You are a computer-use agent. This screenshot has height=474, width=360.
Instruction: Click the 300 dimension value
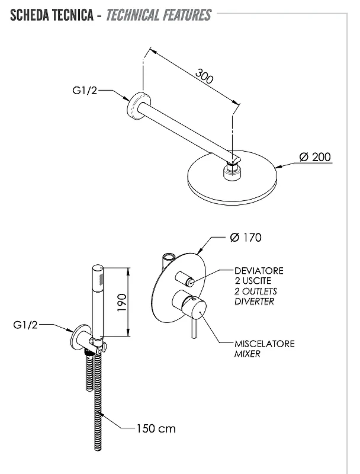(204, 76)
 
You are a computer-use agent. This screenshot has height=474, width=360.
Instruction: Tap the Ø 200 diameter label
(314, 157)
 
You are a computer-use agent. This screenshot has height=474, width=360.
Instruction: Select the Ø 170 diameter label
(246, 238)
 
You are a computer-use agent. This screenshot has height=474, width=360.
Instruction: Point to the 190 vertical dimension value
(122, 303)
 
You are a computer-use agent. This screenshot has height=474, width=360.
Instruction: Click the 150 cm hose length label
(156, 428)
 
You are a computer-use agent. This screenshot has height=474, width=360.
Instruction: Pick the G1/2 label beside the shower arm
(85, 90)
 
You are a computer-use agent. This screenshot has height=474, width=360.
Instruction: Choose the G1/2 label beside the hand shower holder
(25, 325)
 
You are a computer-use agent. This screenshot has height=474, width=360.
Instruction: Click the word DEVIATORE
(259, 271)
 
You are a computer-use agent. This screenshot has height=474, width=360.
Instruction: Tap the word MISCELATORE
(264, 344)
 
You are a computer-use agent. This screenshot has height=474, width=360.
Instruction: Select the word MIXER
(247, 354)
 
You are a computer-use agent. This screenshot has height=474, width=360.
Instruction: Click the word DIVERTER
(254, 302)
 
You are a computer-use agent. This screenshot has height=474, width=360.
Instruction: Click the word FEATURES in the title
(189, 15)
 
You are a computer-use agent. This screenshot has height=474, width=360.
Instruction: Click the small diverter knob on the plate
(185, 278)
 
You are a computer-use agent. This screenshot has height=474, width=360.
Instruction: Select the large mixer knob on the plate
(189, 305)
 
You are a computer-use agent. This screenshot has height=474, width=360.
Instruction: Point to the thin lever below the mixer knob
(194, 328)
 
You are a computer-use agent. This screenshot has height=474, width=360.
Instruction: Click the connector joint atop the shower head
(233, 171)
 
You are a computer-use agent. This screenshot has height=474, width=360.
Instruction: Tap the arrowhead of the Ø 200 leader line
(279, 166)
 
